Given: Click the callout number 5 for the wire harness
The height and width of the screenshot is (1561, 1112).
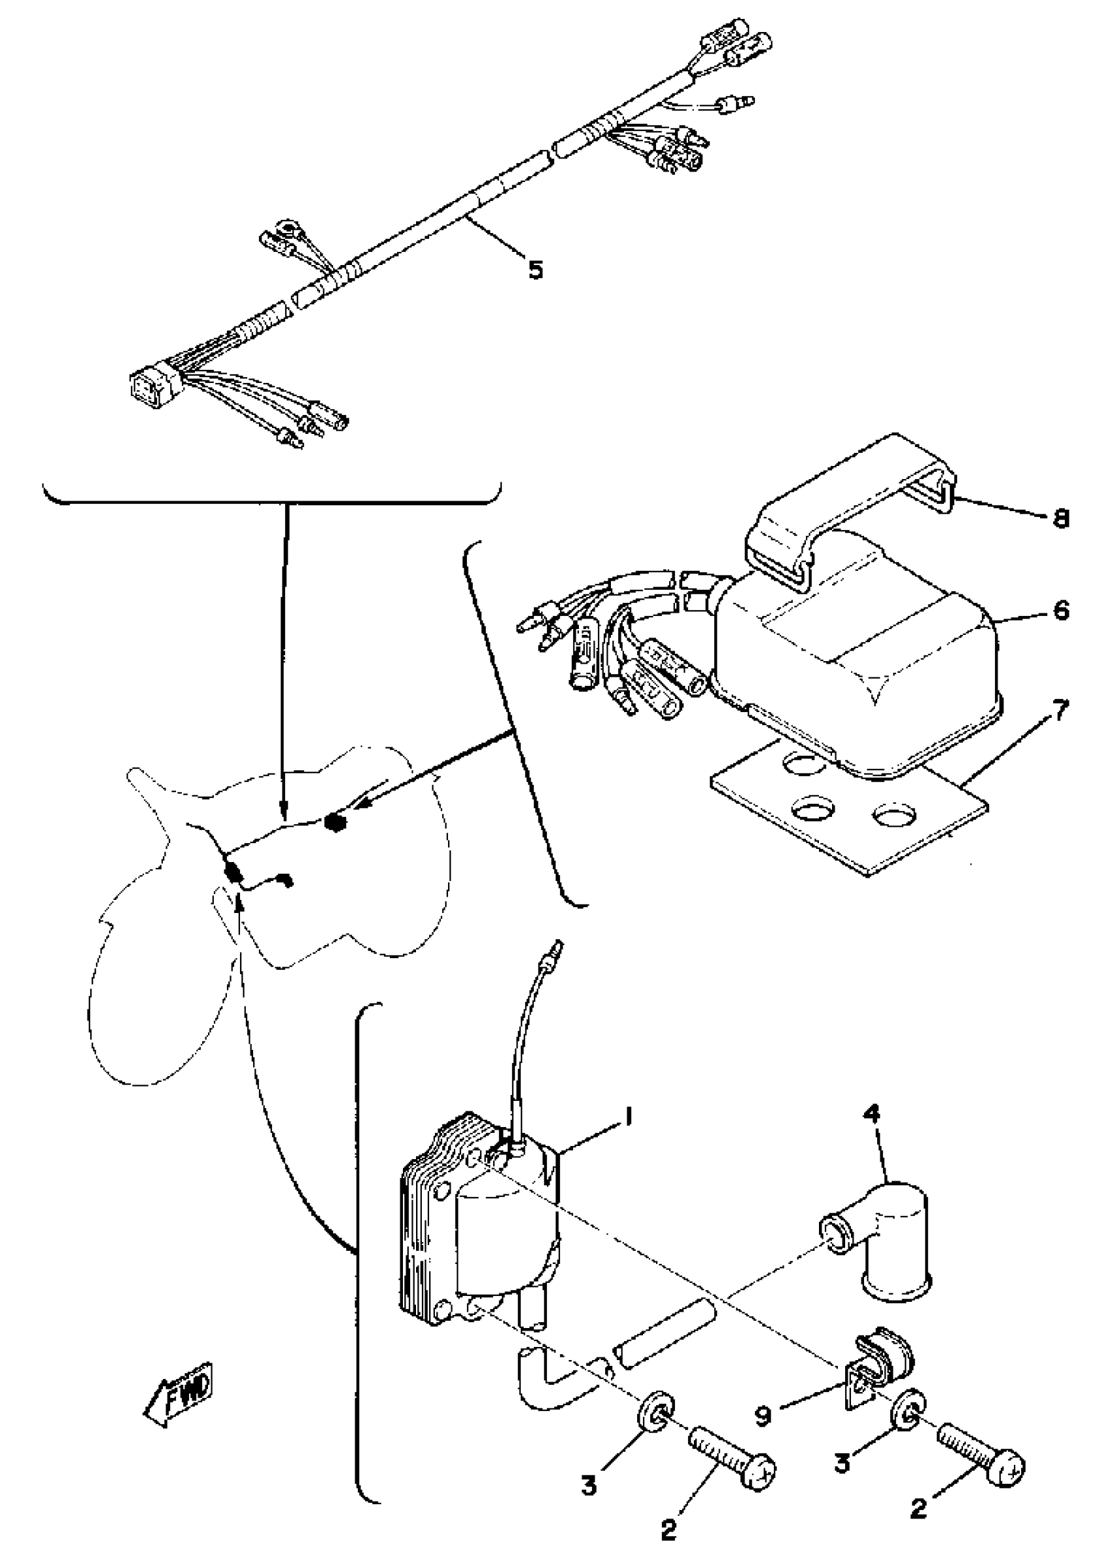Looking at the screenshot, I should click(536, 269).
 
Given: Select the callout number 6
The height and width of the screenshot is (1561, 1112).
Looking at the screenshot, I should click(1060, 609).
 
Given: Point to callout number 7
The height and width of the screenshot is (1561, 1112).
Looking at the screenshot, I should click(1059, 710).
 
